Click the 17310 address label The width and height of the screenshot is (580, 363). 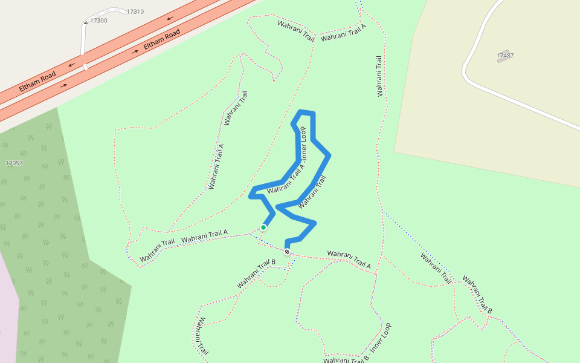[x=135, y=11]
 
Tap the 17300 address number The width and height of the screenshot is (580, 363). [x=98, y=21]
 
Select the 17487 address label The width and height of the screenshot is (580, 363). [x=505, y=55]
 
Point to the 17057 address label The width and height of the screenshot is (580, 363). [x=14, y=163]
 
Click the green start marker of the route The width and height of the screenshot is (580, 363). [x=263, y=227]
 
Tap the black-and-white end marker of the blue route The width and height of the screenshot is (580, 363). [x=287, y=252]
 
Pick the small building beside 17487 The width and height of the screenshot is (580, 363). [x=503, y=60]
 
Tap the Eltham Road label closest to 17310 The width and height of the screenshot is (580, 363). [x=162, y=39]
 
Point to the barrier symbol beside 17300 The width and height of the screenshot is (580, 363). [x=85, y=22]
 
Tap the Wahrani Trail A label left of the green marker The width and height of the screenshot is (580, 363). [x=204, y=236]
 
